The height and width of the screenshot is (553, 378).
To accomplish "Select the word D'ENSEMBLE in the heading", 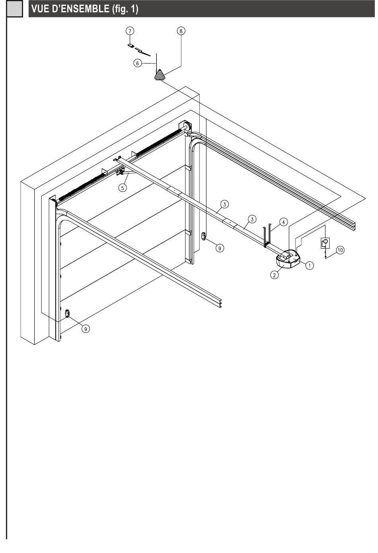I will (x=78, y=9).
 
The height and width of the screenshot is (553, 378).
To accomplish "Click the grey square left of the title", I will (x=15, y=9).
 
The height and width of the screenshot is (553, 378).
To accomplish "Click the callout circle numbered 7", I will (x=130, y=31).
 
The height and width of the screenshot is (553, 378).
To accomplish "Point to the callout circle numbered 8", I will (x=181, y=31).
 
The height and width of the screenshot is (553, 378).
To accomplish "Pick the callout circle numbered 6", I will (x=137, y=63).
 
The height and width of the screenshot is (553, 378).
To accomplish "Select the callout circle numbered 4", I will (x=283, y=222).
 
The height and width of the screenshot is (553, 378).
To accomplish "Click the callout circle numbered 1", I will (x=310, y=265).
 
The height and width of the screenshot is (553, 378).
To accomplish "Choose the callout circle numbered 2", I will (x=274, y=274).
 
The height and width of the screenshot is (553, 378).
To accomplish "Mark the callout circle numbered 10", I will (x=340, y=250).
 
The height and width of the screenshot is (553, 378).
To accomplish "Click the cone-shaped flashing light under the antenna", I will (x=160, y=75).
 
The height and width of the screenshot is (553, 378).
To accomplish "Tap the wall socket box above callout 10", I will (x=325, y=242).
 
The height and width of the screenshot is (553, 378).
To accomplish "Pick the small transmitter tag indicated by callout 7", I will (x=131, y=45).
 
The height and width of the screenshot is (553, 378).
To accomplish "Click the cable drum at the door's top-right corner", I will (x=185, y=127).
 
